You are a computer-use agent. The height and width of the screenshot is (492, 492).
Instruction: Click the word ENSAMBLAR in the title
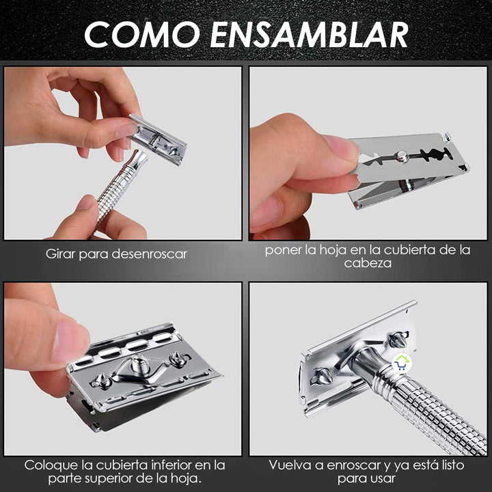pyautogui.click(x=309, y=33)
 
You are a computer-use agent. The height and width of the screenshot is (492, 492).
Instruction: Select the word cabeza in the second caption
pyautogui.click(x=368, y=263)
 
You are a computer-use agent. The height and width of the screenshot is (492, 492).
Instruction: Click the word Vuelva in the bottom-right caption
pyautogui.click(x=290, y=465)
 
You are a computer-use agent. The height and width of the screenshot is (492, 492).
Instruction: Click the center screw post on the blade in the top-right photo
pyautogui.click(x=402, y=156)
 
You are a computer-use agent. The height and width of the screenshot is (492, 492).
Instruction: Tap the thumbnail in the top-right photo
pyautogui.click(x=342, y=148)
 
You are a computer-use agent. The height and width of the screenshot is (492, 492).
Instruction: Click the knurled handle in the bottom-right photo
pyautogui.click(x=437, y=410)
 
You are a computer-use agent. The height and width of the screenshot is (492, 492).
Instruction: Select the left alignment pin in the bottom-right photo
pyautogui.click(x=321, y=376)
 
